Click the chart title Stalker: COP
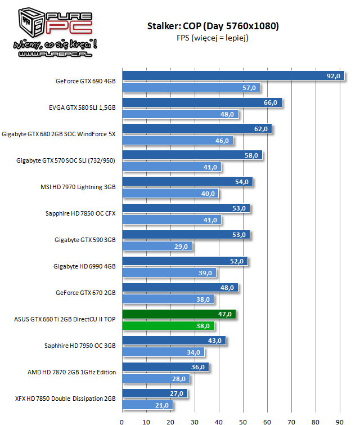(213, 26)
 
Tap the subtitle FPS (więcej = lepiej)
(213, 38)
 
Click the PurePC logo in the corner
(50, 31)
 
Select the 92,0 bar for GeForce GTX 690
(225, 76)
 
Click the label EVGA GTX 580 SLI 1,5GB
(82, 108)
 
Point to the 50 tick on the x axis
(243, 420)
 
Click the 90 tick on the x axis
(340, 420)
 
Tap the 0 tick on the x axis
(122, 420)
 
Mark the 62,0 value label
(261, 129)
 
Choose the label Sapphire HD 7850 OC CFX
(81, 214)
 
